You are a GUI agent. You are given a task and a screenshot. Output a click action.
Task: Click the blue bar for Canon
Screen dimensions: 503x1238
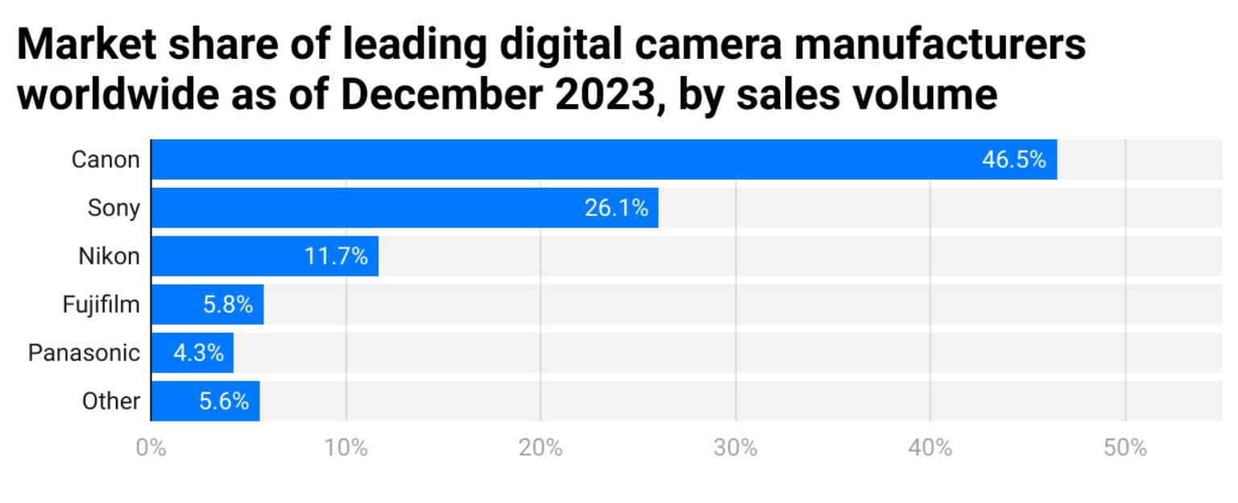click(x=564, y=160)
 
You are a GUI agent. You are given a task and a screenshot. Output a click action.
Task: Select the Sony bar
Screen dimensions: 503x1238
click(x=362, y=208)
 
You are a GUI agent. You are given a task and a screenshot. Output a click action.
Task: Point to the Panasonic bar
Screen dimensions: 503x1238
click(x=161, y=353)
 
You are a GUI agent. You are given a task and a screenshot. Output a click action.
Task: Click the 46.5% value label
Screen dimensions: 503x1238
click(x=1013, y=160)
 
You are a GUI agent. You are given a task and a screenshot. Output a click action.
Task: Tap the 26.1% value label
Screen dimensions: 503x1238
click(x=616, y=208)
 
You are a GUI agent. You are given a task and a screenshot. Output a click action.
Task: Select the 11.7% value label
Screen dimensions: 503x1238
click(x=336, y=256)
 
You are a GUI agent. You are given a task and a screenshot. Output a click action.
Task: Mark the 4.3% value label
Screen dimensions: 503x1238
click(x=198, y=353)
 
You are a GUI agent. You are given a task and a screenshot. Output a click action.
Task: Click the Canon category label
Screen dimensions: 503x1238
click(x=106, y=160)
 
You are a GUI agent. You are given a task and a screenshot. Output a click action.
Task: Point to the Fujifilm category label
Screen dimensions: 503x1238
click(x=101, y=305)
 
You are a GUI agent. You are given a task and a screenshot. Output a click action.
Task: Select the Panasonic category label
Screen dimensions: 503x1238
click(x=84, y=353)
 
